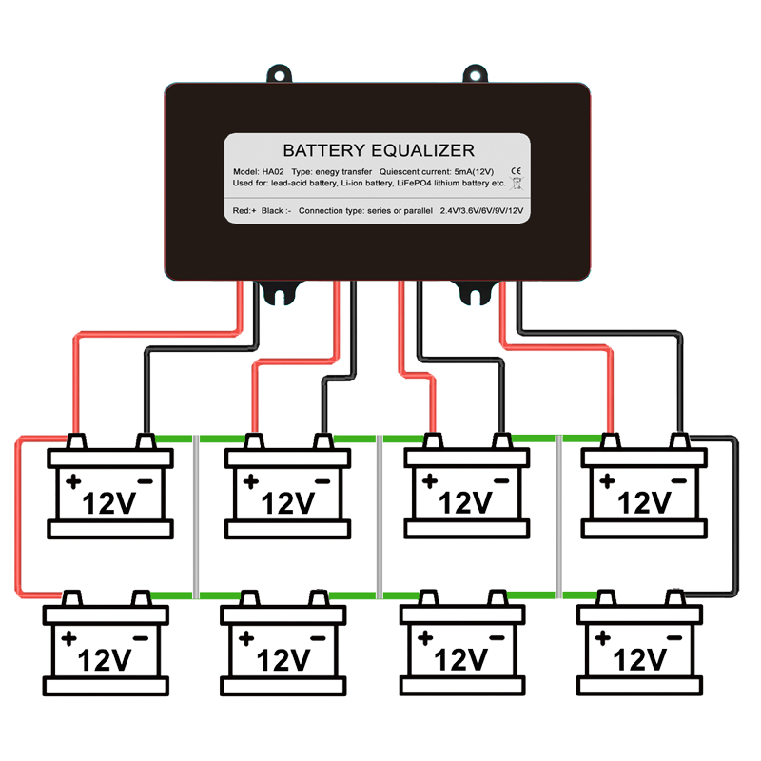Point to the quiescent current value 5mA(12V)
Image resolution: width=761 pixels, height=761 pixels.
pos(478,170)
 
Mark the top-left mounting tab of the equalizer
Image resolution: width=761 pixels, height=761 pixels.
pos(280,73)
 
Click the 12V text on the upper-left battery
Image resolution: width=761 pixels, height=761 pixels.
pos(110,501)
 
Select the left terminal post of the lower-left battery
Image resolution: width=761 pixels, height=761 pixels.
pos(71,598)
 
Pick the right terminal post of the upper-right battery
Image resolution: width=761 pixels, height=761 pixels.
pos(680,440)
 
